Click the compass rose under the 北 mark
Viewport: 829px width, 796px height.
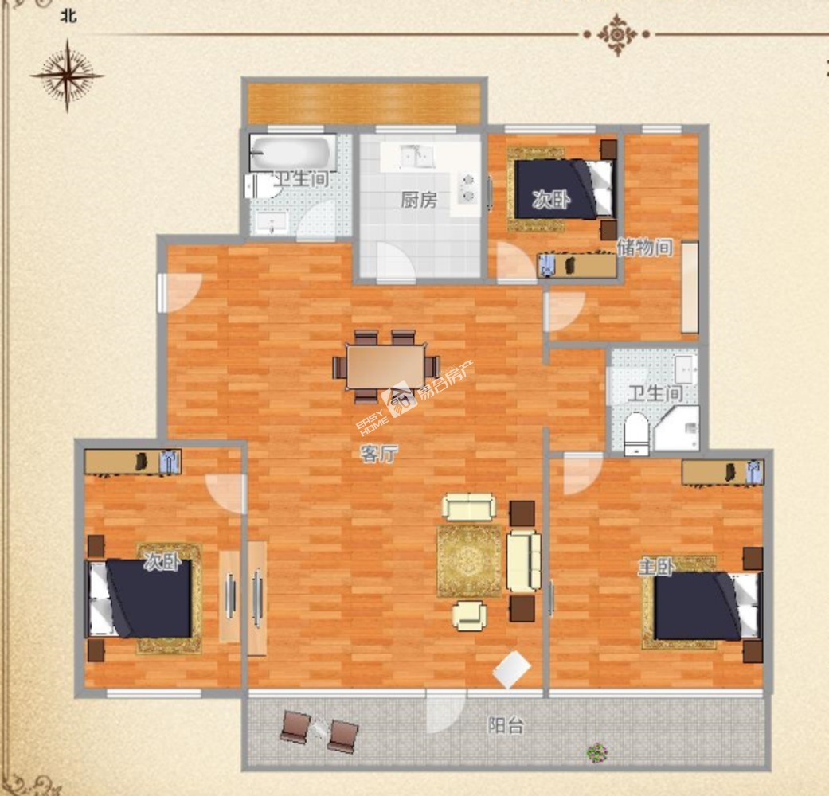point(67,76)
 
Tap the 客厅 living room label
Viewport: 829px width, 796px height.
point(378,454)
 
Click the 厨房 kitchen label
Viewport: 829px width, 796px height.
point(419,200)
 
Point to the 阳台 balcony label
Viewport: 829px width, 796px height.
point(506,725)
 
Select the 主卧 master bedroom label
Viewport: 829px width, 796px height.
point(655,567)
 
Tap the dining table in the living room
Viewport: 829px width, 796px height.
point(386,367)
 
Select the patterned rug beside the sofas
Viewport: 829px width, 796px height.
point(469,561)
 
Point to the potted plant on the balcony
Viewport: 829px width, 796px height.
point(597,751)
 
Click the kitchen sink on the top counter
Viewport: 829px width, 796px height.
point(416,157)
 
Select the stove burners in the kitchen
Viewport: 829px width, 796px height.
point(467,188)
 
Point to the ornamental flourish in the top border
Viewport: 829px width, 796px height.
point(617,35)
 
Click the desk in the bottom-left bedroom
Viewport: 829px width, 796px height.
point(133,462)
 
